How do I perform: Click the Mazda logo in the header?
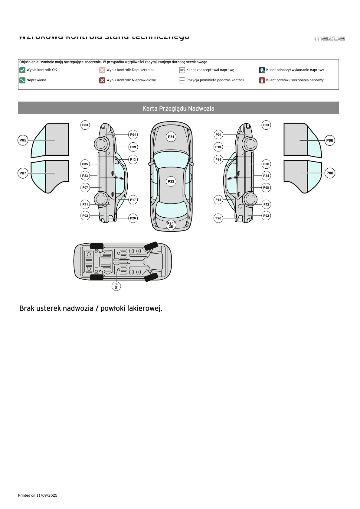(x=329, y=38)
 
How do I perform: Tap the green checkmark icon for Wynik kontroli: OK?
(x=22, y=70)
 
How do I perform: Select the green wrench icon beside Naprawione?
(x=22, y=80)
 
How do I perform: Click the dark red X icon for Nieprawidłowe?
(x=102, y=80)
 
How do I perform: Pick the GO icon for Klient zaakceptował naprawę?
(x=182, y=70)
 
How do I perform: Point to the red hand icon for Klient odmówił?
(x=262, y=80)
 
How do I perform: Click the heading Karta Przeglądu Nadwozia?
(x=178, y=109)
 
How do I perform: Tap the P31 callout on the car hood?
(x=171, y=137)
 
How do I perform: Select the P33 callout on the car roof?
(x=171, y=181)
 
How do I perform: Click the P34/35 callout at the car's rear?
(x=171, y=225)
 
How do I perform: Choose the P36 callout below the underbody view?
(x=116, y=286)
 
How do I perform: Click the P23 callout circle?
(x=85, y=176)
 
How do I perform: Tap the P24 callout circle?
(x=266, y=176)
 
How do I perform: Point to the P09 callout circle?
(x=133, y=147)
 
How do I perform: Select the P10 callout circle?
(x=218, y=147)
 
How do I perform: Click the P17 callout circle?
(x=133, y=199)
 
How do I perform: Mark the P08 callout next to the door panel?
(x=330, y=173)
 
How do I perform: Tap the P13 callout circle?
(x=133, y=159)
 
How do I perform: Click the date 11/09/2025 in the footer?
(x=47, y=495)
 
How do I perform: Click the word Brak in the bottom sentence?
(x=27, y=308)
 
